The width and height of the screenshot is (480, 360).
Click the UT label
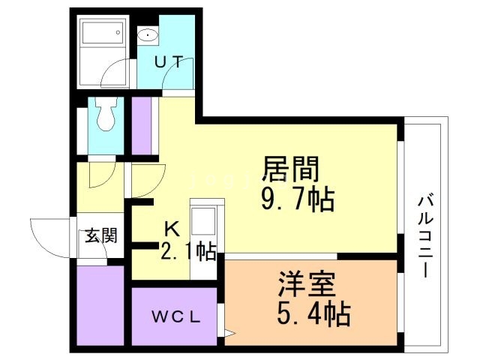pos(169,63)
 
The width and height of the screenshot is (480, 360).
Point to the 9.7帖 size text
pos(298,200)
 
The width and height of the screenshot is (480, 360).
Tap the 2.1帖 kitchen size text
pos(188,250)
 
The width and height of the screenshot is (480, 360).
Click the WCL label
pos(176,316)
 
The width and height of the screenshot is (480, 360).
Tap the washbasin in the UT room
pos(148,34)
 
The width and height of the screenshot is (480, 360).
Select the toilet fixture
pos(105,116)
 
